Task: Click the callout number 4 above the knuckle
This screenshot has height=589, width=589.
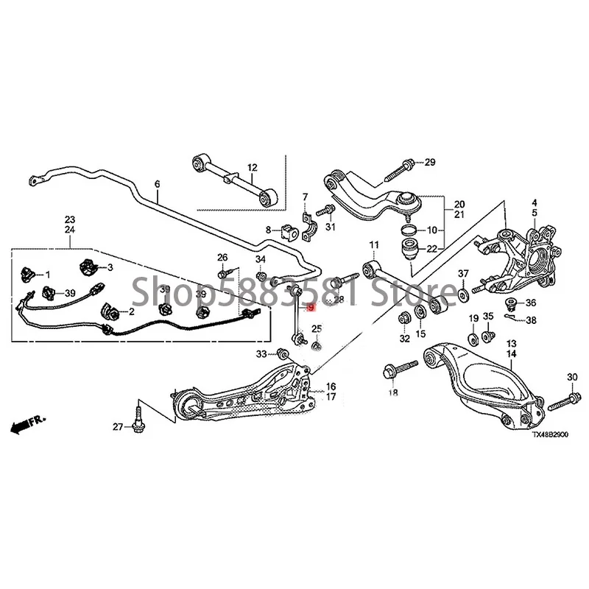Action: tap(535, 202)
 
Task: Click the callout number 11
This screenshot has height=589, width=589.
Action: tap(373, 244)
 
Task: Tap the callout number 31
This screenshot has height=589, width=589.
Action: tap(331, 227)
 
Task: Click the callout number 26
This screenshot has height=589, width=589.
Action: tap(222, 257)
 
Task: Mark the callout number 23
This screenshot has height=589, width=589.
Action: tap(70, 219)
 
